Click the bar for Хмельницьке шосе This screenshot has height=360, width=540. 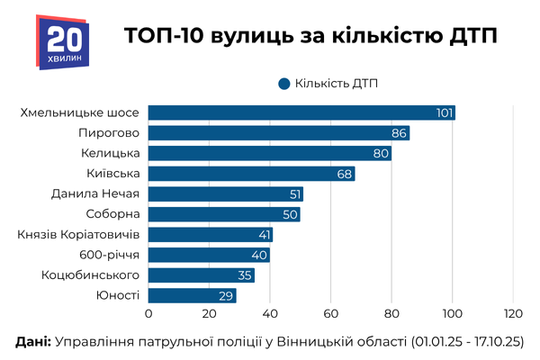(x=301, y=112)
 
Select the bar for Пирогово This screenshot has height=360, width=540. (x=279, y=133)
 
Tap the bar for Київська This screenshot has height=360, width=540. (x=252, y=174)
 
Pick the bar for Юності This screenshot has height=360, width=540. (x=192, y=295)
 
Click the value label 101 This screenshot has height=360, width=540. (x=444, y=112)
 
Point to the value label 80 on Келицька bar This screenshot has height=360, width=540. (x=382, y=154)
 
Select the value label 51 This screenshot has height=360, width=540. (x=293, y=194)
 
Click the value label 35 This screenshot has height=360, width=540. (x=245, y=275)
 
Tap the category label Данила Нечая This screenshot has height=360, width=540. (x=95, y=194)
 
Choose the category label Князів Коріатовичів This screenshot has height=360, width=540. (x=77, y=235)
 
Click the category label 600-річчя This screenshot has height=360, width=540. (x=109, y=255)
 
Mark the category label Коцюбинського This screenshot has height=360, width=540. (x=90, y=275)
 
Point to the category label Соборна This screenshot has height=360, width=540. (x=112, y=214)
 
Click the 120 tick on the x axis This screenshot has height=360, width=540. (x=513, y=314)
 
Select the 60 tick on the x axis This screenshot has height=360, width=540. (x=330, y=314)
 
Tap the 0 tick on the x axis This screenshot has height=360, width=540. (x=148, y=314)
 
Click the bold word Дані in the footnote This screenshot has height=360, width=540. (x=33, y=343)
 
